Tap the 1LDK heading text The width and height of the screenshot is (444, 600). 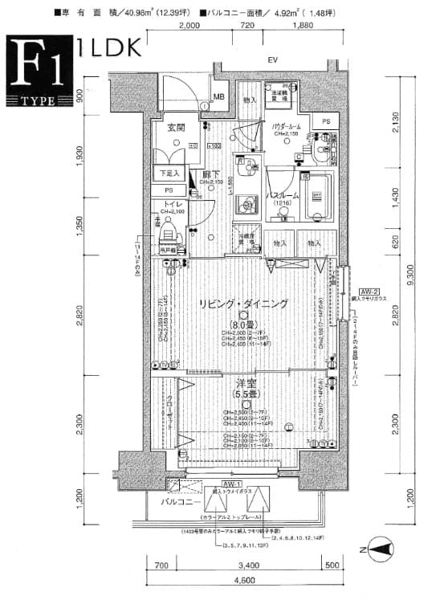[x=109, y=47]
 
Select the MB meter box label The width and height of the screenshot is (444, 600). [x=219, y=97]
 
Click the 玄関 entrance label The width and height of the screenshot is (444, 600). [x=177, y=128]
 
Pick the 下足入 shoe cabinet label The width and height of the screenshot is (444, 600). [x=169, y=173]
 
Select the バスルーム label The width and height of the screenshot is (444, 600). [x=283, y=195]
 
